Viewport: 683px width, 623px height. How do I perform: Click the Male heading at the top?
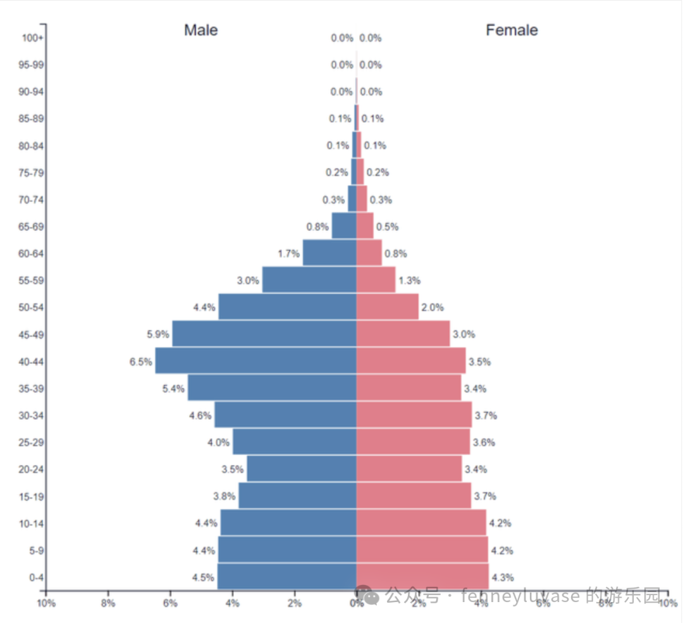[x=200, y=30]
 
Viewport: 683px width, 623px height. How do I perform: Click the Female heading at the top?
[x=512, y=30]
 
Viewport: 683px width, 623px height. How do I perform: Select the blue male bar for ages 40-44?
[x=255, y=361]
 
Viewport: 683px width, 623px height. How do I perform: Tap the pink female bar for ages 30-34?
[x=414, y=415]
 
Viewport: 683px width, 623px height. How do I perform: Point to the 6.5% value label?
[x=140, y=362]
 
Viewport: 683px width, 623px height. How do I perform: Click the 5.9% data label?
[x=158, y=334]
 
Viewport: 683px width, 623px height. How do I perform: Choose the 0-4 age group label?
[x=35, y=577]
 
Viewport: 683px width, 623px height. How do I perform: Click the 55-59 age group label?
[x=32, y=280]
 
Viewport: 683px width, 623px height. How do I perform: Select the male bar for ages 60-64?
[x=329, y=253]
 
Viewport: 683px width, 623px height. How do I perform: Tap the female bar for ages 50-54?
[x=387, y=307]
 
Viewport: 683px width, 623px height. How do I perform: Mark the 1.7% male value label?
[x=288, y=254]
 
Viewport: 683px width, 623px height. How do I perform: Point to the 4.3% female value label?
[x=502, y=577]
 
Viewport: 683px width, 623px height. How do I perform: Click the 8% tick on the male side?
[x=108, y=603]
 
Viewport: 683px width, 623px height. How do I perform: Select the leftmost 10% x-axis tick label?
[x=46, y=603]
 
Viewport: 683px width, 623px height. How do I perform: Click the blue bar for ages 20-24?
[x=301, y=469]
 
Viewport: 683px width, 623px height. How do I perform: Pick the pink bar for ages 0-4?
[x=422, y=577]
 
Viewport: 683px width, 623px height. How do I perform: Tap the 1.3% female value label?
[x=409, y=280]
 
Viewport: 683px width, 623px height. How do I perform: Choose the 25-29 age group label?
[x=32, y=443]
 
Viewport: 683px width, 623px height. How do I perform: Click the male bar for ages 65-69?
[x=343, y=226]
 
